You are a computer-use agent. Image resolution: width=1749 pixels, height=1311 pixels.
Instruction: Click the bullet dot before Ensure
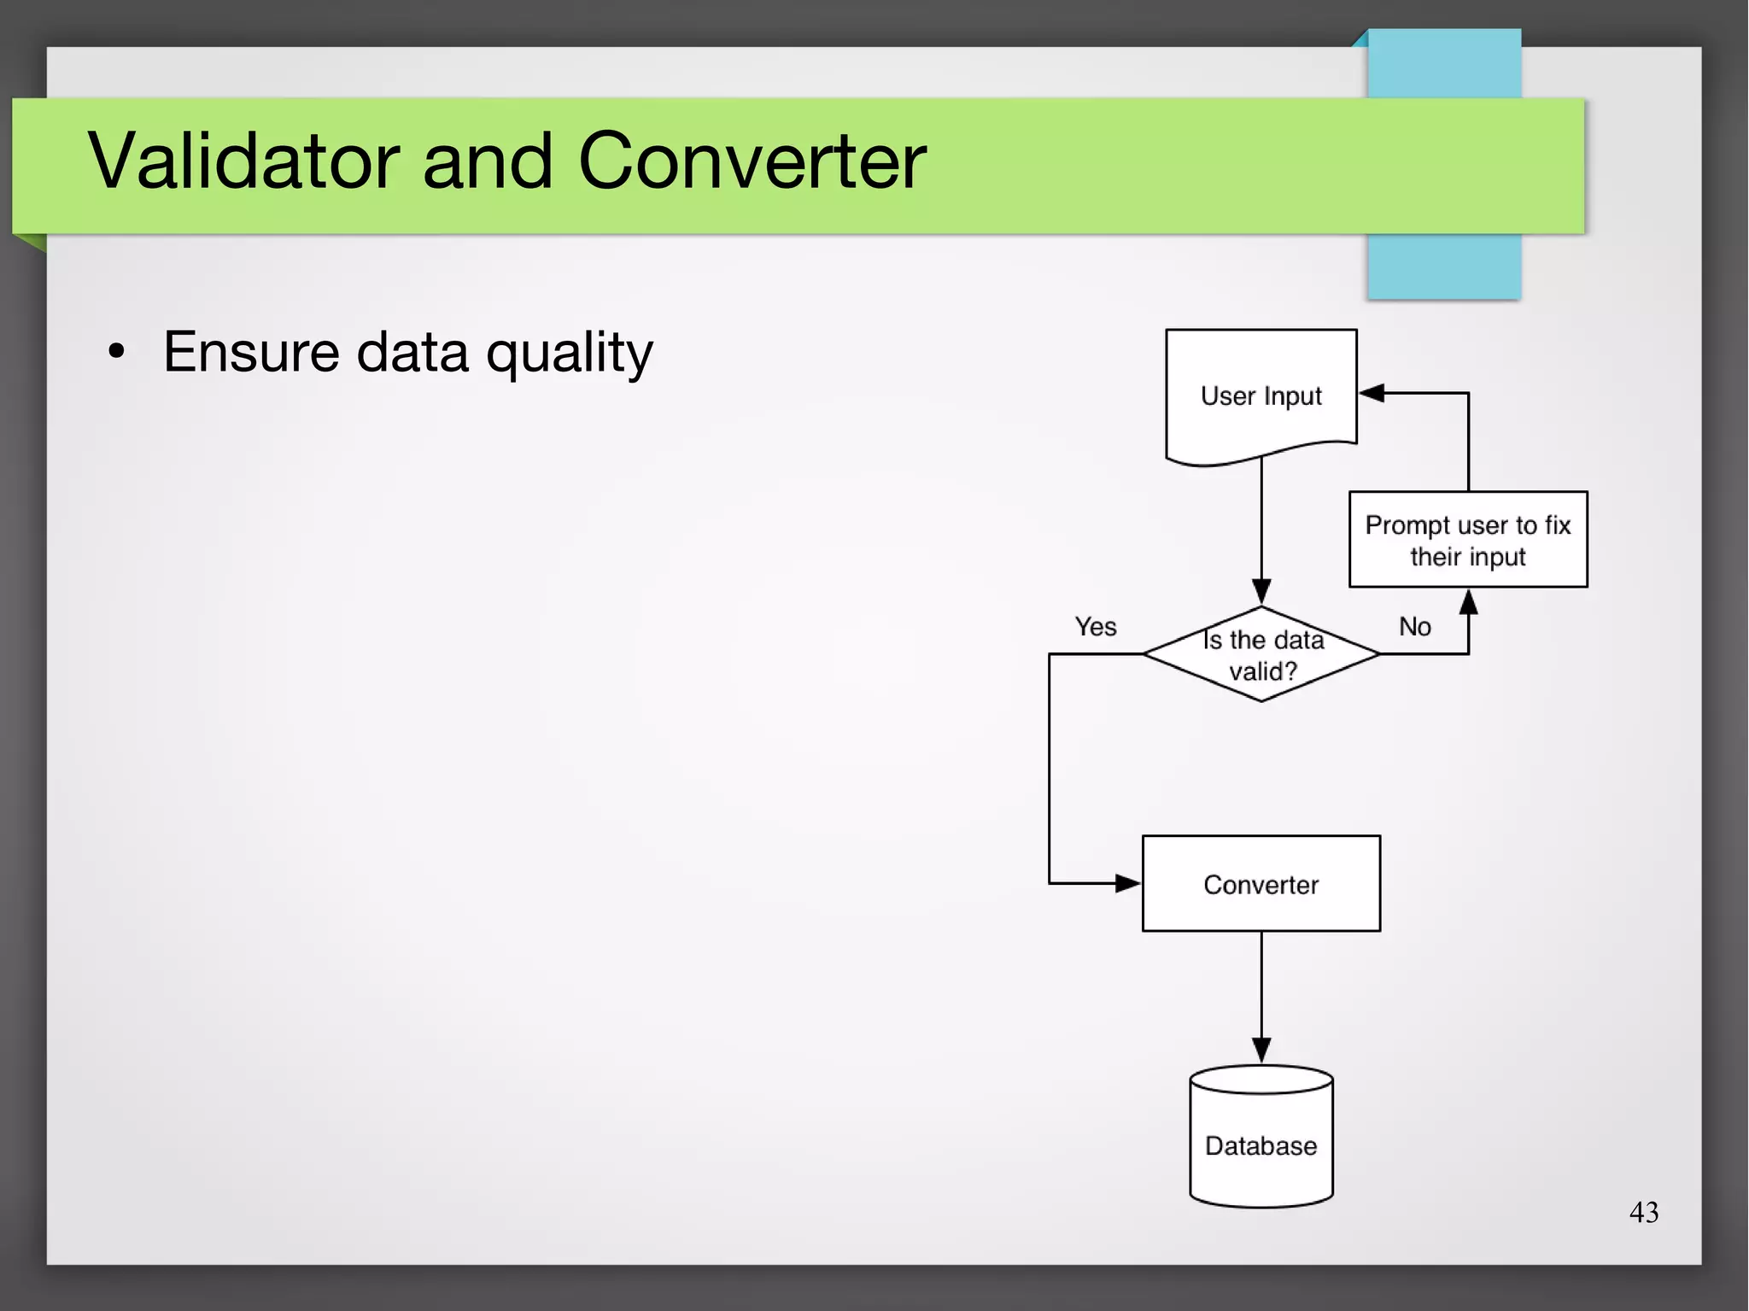117,351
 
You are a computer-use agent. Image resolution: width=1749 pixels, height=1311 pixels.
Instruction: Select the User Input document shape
1261,395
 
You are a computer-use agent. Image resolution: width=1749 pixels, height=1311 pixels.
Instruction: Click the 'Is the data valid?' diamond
1261,654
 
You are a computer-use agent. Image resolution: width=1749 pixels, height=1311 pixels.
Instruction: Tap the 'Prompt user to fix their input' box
1467,540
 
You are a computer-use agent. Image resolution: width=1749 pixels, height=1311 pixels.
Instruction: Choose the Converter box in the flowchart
1261,884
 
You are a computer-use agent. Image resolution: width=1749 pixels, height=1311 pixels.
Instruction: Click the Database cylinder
1261,1140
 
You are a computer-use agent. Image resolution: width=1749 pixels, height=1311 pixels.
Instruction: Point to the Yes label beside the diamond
1095,627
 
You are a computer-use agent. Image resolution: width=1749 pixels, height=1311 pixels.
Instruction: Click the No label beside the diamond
1414,627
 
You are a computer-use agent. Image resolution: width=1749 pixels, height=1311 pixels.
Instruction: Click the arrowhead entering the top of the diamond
1261,591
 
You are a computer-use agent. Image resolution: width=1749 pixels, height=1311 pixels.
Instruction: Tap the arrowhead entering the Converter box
1127,883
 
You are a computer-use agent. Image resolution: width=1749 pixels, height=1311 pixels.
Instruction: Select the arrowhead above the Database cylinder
1261,1050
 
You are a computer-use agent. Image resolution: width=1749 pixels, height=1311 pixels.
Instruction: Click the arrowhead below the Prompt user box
1468,602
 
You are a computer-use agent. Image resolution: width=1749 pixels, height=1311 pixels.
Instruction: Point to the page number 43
1643,1212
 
